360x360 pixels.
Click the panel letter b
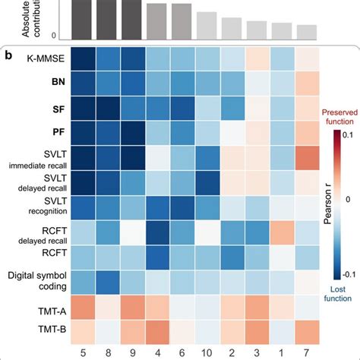(x=11, y=56)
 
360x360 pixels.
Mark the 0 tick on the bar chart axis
(x=53, y=36)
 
